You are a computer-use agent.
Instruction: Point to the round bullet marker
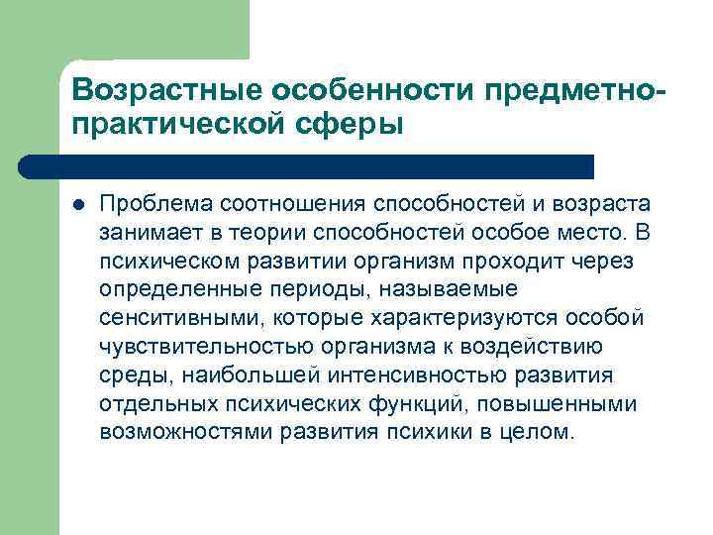(x=79, y=205)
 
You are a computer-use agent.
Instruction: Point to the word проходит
(x=516, y=262)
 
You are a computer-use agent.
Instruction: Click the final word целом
(x=541, y=433)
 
